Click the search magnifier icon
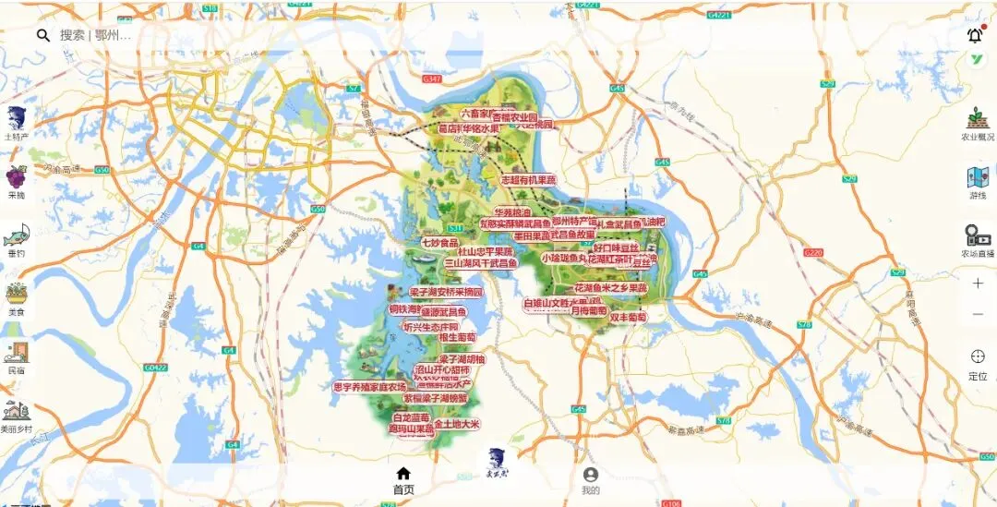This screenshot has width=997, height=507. click(42, 35)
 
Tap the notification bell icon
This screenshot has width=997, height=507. click(975, 35)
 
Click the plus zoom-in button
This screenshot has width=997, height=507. click(978, 284)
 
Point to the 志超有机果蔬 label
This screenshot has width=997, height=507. click(529, 180)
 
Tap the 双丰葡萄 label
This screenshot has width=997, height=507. click(628, 318)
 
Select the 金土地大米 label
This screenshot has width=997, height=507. click(457, 425)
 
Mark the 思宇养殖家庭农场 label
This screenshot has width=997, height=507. click(369, 387)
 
